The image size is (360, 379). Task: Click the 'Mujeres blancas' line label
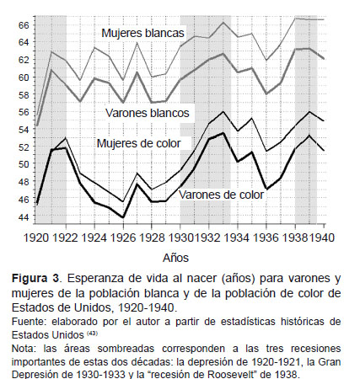[142, 33]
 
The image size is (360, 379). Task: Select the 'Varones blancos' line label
[148, 113]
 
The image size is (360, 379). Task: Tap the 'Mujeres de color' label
[138, 143]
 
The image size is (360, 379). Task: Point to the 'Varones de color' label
[222, 195]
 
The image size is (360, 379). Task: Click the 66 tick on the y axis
[24, 25]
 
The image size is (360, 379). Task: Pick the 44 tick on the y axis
[24, 217]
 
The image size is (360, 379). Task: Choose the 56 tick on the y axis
[24, 112]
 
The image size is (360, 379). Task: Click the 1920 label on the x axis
[36, 238]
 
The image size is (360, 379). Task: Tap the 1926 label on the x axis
[123, 238]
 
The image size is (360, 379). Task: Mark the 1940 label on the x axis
[322, 238]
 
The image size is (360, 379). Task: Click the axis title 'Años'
[175, 258]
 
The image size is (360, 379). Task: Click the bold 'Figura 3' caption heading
[35, 279]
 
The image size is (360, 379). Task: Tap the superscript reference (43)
[92, 334]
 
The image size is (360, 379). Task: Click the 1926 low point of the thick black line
[123, 217]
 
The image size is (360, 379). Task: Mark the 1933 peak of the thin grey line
[223, 22]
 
